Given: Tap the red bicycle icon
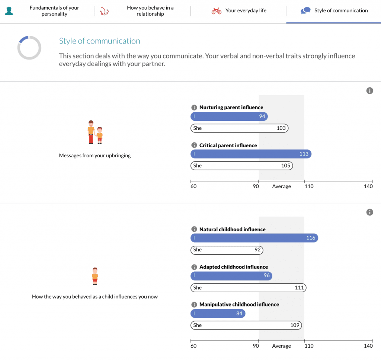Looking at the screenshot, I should pyautogui.click(x=216, y=11).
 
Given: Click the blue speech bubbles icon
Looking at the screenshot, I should pyautogui.click(x=305, y=11).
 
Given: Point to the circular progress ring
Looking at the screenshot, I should pyautogui.click(x=29, y=48).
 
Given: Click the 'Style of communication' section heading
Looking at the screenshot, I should pyautogui.click(x=99, y=41).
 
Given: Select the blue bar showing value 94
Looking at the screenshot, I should pyautogui.click(x=229, y=116).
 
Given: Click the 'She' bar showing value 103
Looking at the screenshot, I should pyautogui.click(x=239, y=128).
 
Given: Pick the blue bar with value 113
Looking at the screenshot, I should pyautogui.click(x=251, y=154).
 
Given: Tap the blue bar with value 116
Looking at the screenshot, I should pyautogui.click(x=254, y=238).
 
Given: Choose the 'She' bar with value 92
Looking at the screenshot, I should pyautogui.click(x=227, y=250).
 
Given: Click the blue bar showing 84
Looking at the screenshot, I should pyautogui.click(x=218, y=314).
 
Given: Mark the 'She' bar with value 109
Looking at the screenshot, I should pyautogui.click(x=246, y=325).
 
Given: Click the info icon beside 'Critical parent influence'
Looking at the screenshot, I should pyautogui.click(x=194, y=145).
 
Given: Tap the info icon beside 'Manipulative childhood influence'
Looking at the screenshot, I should pyautogui.click(x=194, y=304).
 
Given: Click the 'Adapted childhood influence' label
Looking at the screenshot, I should pyautogui.click(x=233, y=267).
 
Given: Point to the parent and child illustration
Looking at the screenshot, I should pyautogui.click(x=95, y=132).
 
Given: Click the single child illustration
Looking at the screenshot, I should pyautogui.click(x=95, y=276).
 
